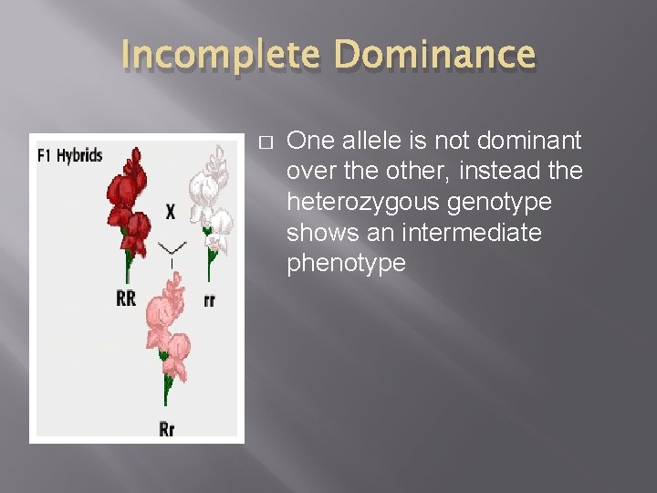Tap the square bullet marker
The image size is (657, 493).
tap(266, 142)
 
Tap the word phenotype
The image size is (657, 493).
tap(346, 264)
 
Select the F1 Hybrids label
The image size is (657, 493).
tap(70, 156)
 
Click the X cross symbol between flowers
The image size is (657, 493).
tap(171, 212)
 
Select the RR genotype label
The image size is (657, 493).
tap(126, 299)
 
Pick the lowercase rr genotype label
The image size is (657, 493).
tap(210, 299)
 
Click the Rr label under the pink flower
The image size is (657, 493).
tap(167, 428)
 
